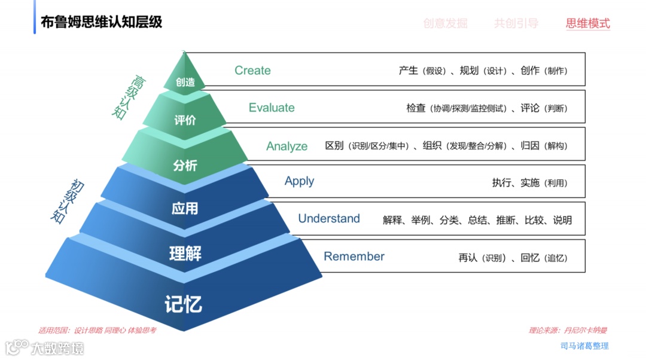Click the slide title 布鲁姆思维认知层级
[102, 23]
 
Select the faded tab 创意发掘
[445, 23]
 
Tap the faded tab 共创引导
[516, 23]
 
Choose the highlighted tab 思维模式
[587, 23]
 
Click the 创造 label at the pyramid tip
[185, 83]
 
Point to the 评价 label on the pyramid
[185, 121]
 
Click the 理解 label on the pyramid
[185, 254]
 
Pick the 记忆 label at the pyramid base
[184, 304]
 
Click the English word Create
[252, 71]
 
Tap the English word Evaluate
[272, 108]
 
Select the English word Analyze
[287, 147]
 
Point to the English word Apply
[299, 181]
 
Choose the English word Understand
[329, 219]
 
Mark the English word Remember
[354, 257]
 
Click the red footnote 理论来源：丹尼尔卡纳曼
[568, 330]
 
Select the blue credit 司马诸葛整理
[584, 346]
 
